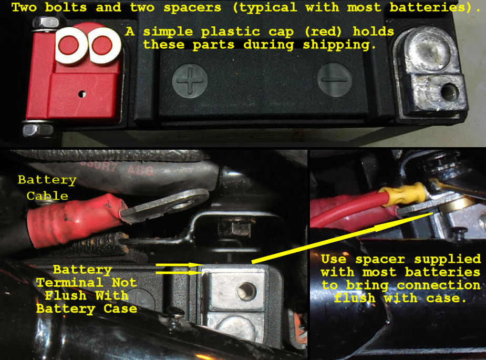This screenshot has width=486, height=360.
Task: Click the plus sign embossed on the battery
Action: tap(190, 81)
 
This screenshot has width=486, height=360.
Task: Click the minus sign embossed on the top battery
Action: tap(334, 80)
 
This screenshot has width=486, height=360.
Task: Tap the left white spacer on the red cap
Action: tap(71, 45)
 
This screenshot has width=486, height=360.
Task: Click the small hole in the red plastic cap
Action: tap(82, 94)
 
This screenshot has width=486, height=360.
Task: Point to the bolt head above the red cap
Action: tap(46, 24)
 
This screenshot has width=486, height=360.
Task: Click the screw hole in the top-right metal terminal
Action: tap(449, 92)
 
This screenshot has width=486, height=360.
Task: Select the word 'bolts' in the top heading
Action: tap(66, 7)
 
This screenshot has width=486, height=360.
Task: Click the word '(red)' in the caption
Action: tap(323, 32)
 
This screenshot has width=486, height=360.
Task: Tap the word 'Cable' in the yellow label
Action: tap(47, 196)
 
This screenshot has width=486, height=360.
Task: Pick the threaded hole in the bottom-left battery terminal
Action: tap(247, 292)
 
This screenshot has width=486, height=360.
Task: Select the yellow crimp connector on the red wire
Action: tap(403, 195)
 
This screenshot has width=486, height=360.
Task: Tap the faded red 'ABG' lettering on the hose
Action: tap(141, 170)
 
